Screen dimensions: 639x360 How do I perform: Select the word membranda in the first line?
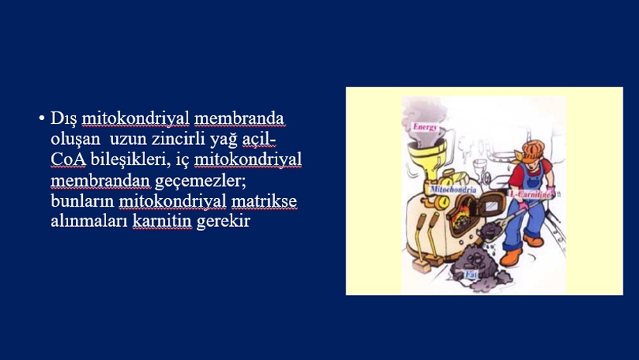(x=239, y=118)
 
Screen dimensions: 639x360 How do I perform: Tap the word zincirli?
(x=178, y=139)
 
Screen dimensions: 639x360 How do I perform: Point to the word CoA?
(x=68, y=159)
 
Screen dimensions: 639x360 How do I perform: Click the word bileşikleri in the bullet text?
(x=130, y=159)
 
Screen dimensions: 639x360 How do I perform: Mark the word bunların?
(x=82, y=201)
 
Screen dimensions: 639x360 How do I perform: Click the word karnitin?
(x=162, y=221)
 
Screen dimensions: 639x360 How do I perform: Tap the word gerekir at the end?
(x=223, y=222)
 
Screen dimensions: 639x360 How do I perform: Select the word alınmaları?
(x=89, y=221)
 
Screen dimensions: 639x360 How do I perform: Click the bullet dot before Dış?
(x=42, y=118)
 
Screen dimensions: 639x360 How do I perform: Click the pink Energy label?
(x=425, y=127)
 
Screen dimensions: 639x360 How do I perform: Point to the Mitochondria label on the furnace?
(x=453, y=190)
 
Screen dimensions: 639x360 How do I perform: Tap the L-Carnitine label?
(x=530, y=194)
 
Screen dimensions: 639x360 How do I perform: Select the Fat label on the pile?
(x=471, y=275)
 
